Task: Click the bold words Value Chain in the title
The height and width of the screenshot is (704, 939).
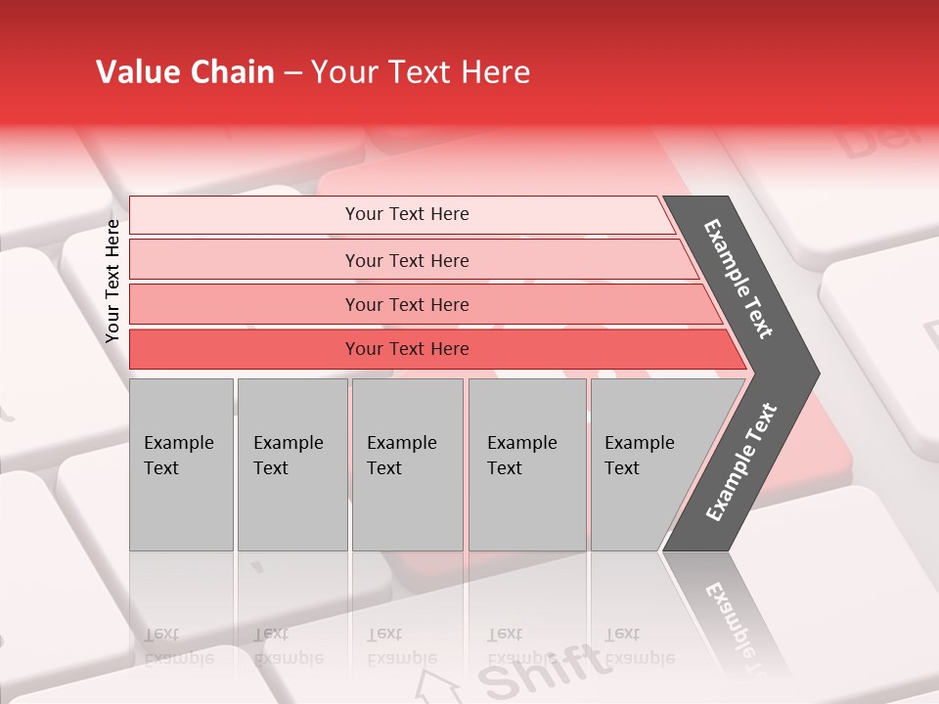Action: coord(185,72)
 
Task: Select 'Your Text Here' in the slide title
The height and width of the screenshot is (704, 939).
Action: coord(421,72)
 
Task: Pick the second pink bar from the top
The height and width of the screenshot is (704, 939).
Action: coord(407,260)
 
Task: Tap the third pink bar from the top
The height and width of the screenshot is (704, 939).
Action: coord(407,304)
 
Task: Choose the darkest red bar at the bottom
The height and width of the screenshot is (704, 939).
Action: coord(407,349)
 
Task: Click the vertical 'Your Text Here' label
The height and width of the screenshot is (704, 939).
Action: coord(112,282)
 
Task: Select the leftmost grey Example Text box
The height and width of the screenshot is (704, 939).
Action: coord(181,464)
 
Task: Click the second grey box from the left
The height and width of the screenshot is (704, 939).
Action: coord(291,464)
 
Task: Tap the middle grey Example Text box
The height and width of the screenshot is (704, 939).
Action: coord(407,464)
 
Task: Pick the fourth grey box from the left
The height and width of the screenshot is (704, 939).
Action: coord(527,464)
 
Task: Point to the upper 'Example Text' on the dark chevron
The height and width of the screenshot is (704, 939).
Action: coord(738,279)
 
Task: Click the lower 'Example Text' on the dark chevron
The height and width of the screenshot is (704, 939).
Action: coord(741,462)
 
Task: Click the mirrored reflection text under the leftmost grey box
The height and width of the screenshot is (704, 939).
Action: coord(178,646)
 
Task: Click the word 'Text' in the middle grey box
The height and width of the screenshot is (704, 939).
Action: coord(384,468)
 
